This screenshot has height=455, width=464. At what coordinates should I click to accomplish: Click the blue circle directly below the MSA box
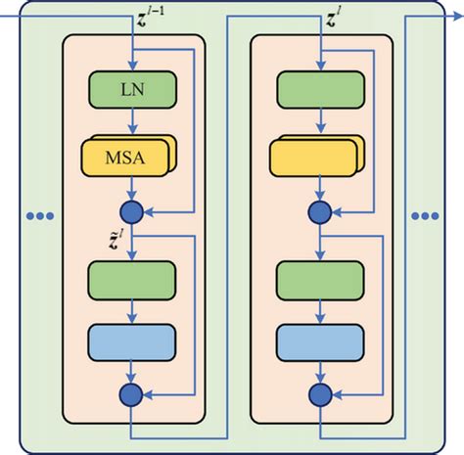[132, 210]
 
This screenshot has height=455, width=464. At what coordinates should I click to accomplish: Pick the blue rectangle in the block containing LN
[132, 341]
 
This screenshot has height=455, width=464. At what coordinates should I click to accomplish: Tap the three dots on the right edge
[428, 214]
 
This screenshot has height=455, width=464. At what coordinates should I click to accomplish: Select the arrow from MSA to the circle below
[132, 186]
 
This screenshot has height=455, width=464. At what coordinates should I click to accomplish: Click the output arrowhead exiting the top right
[455, 16]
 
